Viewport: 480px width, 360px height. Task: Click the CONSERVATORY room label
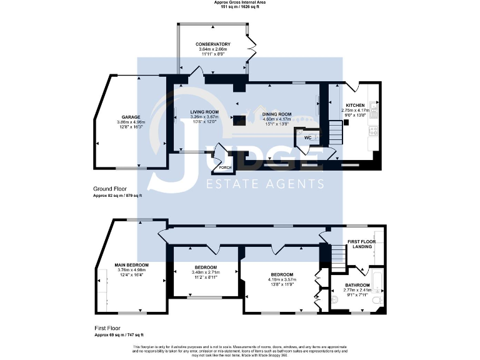212,44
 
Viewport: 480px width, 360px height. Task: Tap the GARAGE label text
130,117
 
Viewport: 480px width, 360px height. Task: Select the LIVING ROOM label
204,111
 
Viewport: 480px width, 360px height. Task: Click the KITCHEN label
356,105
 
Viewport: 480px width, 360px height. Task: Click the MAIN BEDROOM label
131,264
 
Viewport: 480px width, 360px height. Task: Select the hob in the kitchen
374,131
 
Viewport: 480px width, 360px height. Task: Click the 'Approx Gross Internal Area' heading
239,3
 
